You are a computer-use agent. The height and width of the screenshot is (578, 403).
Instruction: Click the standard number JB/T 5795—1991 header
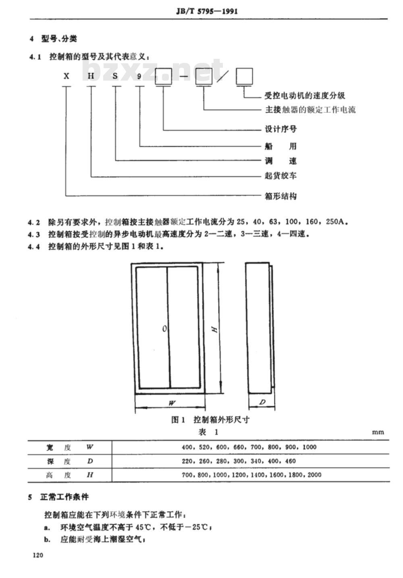(207, 12)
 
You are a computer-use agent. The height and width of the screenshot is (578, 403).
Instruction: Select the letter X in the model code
(66, 76)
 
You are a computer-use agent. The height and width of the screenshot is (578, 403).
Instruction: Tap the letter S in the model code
(115, 76)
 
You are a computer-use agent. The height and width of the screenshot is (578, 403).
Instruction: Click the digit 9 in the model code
(139, 76)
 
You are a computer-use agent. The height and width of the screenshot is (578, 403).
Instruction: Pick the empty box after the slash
(244, 76)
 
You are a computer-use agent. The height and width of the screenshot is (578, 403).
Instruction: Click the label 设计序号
(281, 129)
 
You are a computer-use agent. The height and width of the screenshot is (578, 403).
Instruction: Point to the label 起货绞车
(281, 176)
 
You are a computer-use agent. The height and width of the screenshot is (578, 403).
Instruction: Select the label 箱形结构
(281, 196)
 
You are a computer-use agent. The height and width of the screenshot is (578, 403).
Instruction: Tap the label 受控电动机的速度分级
(305, 96)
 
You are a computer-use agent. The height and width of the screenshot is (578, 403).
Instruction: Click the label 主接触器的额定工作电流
(310, 110)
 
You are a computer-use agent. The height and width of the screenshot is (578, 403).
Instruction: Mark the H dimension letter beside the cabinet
(214, 329)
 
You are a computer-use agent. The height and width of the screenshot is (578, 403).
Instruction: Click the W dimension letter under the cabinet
(172, 403)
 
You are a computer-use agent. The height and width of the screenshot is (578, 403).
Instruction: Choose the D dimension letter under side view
(262, 402)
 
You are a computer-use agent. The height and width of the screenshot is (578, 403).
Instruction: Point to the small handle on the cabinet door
(164, 329)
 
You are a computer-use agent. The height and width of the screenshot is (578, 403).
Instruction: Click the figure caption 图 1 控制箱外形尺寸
(210, 420)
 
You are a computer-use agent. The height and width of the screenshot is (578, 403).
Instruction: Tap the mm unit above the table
(378, 432)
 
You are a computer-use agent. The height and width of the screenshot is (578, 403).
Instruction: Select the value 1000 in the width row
(310, 447)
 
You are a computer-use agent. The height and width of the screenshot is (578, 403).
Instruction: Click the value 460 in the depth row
(290, 461)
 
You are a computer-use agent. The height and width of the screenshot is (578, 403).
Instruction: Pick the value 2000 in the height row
(314, 475)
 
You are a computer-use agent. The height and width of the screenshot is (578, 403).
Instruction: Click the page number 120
(38, 555)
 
